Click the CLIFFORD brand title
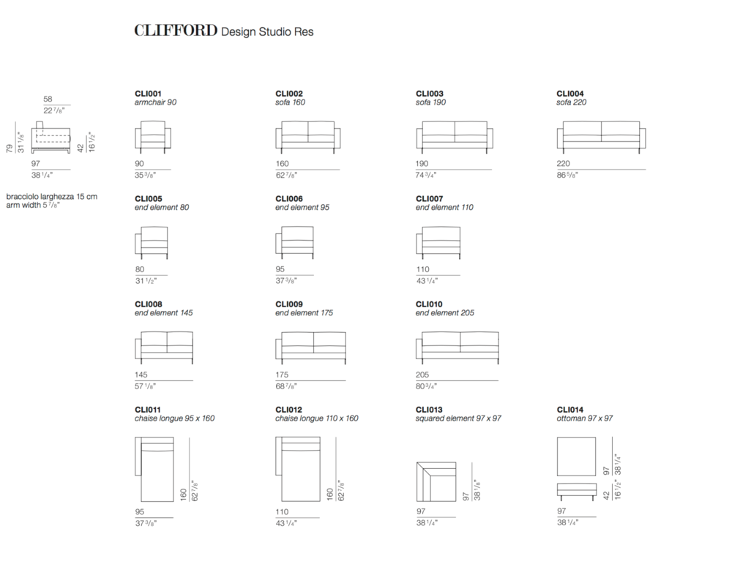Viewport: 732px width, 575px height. click(176, 31)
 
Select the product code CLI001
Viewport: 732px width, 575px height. click(148, 94)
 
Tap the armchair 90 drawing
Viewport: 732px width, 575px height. click(153, 137)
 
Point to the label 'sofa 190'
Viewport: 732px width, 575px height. click(430, 102)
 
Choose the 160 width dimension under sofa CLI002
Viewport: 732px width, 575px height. click(282, 164)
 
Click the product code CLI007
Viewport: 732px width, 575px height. click(430, 198)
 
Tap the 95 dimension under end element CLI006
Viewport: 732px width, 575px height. click(280, 269)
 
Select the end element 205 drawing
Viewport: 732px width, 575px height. click(457, 347)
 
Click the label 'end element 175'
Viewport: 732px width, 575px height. click(304, 312)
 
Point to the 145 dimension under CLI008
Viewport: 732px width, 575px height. click(141, 375)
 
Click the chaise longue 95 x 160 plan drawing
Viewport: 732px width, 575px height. click(154, 469)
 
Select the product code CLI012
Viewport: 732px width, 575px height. click(289, 410)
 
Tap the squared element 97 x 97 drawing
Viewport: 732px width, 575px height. click(436, 481)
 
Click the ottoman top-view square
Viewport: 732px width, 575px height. click(577, 456)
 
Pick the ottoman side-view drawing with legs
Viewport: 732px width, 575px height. click(577, 492)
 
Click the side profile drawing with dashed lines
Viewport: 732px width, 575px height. click(51, 138)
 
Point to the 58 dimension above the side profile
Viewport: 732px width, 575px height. click(48, 99)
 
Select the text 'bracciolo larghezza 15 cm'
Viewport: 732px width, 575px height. click(52, 197)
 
